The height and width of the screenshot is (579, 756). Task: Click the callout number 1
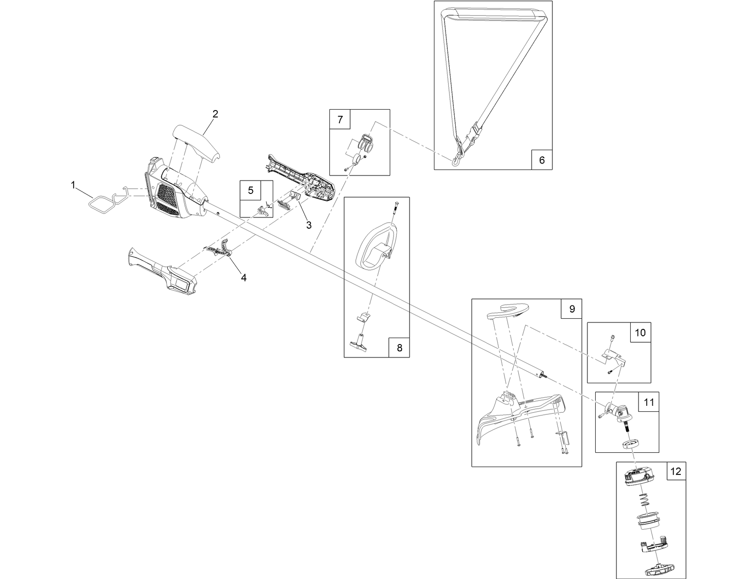[73, 185]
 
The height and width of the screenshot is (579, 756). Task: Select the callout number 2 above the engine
[215, 114]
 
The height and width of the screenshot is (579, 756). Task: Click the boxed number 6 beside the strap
[541, 160]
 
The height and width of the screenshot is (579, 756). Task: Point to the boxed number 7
[340, 120]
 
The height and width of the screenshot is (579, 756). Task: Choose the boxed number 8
[399, 348]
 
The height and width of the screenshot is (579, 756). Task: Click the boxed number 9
[572, 309]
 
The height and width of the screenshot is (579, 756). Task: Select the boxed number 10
[640, 333]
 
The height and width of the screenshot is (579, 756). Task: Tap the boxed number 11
[648, 402]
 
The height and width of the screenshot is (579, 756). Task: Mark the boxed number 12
[675, 472]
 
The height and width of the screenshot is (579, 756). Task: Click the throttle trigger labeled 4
[220, 249]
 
